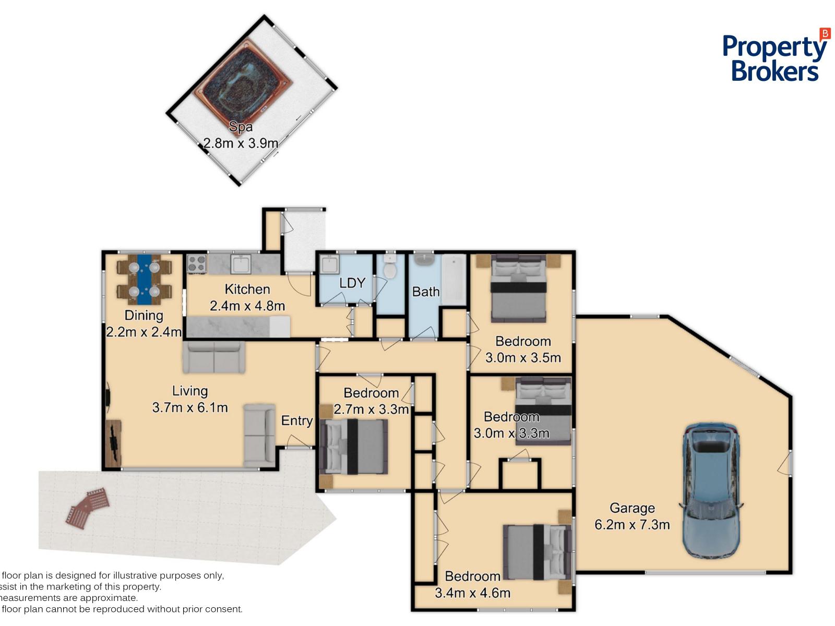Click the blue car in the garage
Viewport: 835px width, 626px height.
(x=711, y=490)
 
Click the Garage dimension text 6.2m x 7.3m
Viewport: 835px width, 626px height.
(x=632, y=524)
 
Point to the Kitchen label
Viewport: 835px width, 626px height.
(x=247, y=289)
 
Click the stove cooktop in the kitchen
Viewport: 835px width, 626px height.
(x=197, y=263)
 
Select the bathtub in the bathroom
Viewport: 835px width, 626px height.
(x=454, y=280)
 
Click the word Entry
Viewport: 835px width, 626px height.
(x=297, y=421)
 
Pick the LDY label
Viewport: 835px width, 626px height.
(x=352, y=283)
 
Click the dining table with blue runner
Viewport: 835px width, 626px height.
(x=144, y=280)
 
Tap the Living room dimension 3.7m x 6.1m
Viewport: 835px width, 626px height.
(x=190, y=407)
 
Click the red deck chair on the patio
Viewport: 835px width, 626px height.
(x=88, y=508)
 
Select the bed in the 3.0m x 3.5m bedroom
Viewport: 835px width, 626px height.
(x=519, y=288)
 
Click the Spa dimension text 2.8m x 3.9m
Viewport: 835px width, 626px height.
(x=241, y=143)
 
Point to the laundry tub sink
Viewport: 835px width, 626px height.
(x=329, y=264)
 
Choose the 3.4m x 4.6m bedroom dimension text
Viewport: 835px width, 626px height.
(x=472, y=593)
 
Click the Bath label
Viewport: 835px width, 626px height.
(x=426, y=292)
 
